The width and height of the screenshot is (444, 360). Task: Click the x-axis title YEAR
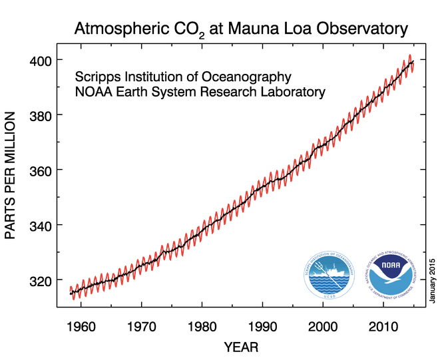pos(240,347)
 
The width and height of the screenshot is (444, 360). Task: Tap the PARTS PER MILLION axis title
pos(13,174)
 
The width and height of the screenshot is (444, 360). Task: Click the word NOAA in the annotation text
pos(91,92)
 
